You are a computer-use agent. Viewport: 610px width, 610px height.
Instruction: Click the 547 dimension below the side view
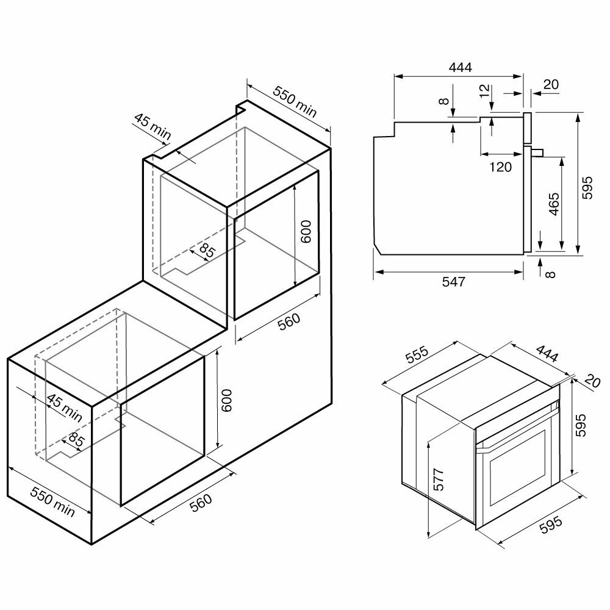tap(453, 281)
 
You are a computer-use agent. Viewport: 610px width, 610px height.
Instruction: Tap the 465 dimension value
tap(554, 204)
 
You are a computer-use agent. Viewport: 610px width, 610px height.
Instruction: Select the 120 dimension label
tap(500, 167)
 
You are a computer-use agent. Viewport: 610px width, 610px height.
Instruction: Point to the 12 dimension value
tap(484, 91)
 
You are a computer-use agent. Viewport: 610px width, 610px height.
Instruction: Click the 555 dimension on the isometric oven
tap(417, 354)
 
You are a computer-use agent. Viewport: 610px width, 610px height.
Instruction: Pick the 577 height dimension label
tap(439, 479)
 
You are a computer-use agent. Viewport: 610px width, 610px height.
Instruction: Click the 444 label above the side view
tap(460, 67)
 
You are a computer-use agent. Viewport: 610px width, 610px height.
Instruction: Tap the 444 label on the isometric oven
tap(547, 353)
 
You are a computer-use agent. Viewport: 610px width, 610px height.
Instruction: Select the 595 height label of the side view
tap(587, 188)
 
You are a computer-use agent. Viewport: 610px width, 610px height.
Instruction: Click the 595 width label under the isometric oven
tap(551, 525)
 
